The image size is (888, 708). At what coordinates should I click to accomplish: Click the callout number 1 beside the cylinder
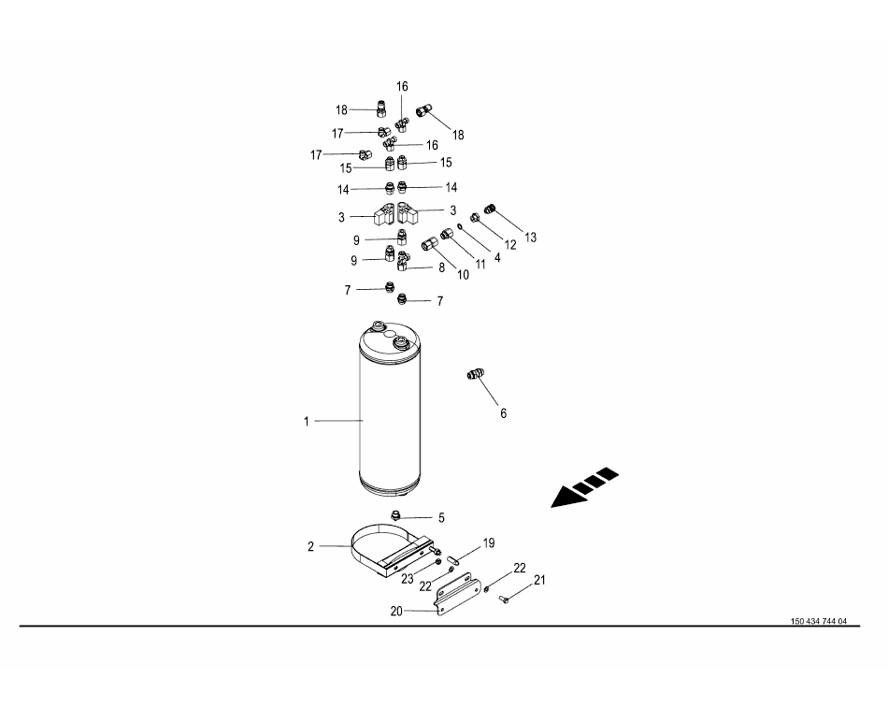[x=306, y=422]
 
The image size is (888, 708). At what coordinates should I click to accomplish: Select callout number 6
[x=503, y=412]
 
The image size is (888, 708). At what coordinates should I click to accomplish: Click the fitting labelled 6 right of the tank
[x=474, y=376]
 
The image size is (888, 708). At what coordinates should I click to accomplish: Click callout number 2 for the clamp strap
[x=311, y=547]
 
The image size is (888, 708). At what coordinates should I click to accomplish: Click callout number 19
[x=488, y=543]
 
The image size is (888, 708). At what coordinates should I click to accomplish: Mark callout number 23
[x=408, y=579]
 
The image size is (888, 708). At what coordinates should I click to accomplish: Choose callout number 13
[x=530, y=238]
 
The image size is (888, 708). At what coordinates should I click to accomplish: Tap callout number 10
[x=462, y=274]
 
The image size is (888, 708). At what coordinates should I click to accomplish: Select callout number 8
[x=441, y=267]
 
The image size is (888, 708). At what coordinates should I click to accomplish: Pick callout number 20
[x=396, y=612]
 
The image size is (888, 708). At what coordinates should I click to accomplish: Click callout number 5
[x=441, y=517]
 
